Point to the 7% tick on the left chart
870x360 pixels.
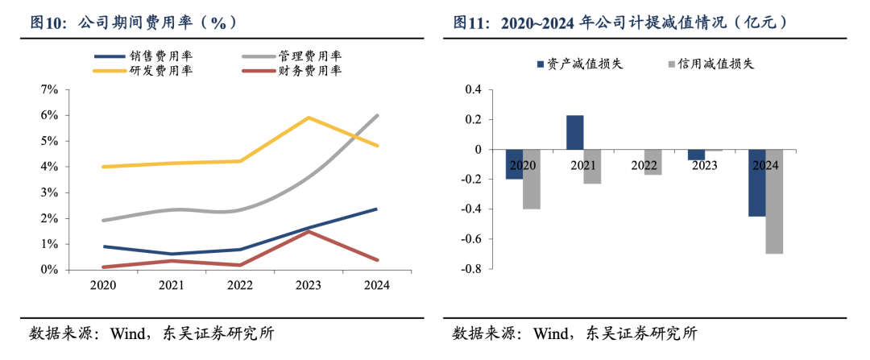click(x=49, y=89)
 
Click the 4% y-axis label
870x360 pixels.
click(x=49, y=167)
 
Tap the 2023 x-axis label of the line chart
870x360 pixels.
click(x=309, y=285)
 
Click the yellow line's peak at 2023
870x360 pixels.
click(x=309, y=118)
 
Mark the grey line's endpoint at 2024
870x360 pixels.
click(x=377, y=115)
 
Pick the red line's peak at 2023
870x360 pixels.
click(x=309, y=231)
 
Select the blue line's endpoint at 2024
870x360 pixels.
click(x=377, y=209)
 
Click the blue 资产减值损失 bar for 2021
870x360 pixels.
click(x=574, y=132)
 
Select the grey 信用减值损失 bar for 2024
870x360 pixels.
click(x=774, y=201)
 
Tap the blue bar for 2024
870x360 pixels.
click(x=756, y=183)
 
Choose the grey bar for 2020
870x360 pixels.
click(x=531, y=179)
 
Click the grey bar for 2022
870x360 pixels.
click(x=652, y=162)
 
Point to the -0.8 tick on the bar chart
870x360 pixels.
click(x=470, y=269)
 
